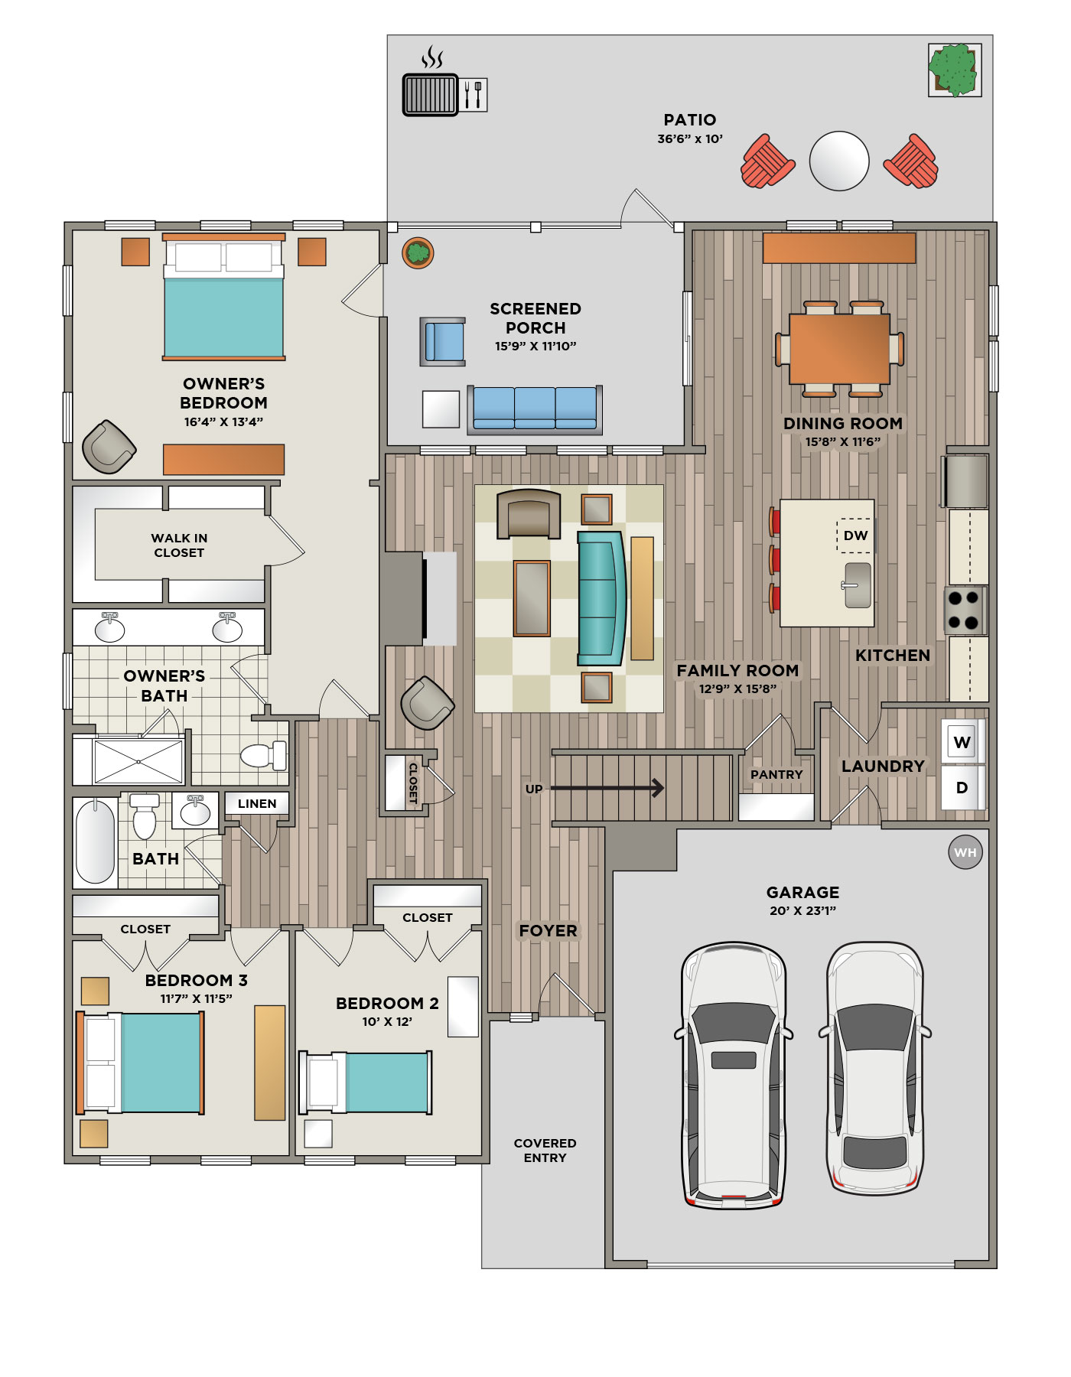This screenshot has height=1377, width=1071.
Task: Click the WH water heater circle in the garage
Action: point(965,852)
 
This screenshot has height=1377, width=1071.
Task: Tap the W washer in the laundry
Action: point(962,741)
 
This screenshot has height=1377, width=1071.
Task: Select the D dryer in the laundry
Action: point(962,787)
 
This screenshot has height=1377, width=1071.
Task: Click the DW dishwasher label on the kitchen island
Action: point(855,535)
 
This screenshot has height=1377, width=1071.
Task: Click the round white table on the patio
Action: point(839,161)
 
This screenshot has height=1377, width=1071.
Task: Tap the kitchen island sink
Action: point(858,585)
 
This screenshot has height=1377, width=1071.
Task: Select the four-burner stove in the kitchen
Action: point(965,610)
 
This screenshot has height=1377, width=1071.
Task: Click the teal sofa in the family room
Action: point(601,598)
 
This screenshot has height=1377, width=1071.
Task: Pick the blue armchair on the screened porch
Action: point(443,341)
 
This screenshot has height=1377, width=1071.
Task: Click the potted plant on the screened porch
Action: point(418,252)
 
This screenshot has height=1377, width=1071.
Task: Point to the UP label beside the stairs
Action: point(534,789)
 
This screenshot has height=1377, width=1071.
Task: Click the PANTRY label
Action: point(776,775)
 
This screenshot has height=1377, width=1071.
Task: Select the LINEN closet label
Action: point(257,803)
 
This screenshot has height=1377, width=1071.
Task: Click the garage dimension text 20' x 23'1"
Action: point(802,910)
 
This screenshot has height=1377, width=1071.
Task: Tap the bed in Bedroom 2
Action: point(365,1082)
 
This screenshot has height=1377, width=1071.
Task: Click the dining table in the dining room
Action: point(839,349)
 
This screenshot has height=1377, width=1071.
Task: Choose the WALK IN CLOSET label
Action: point(179,545)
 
